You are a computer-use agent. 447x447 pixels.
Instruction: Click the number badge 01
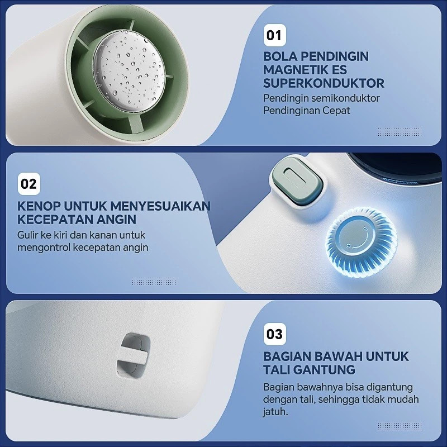[274, 35]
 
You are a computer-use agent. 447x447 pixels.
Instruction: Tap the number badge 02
[29, 184]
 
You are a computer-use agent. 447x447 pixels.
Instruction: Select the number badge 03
[274, 334]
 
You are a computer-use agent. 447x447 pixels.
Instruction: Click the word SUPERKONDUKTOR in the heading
[324, 83]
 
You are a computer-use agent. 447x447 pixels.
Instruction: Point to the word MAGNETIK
[295, 70]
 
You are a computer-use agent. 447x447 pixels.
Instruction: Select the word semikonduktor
[345, 98]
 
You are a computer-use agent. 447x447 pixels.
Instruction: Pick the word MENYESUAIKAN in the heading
[160, 206]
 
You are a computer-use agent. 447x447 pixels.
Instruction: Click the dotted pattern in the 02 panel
[154, 281]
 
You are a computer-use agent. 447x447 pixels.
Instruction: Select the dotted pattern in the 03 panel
[400, 426]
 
